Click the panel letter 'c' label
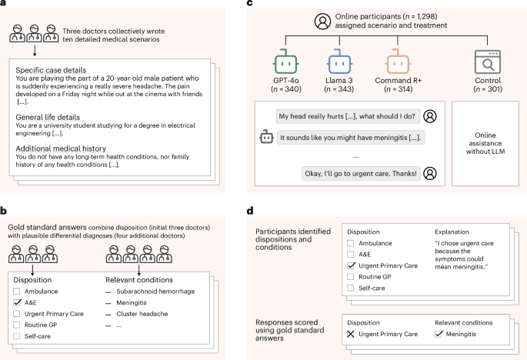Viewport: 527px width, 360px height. pyautogui.click(x=269, y=5)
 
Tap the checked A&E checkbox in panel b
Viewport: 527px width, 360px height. pyautogui.click(x=16, y=304)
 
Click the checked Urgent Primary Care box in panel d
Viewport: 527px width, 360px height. pyautogui.click(x=352, y=265)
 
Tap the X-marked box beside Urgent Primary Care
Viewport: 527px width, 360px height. pyautogui.click(x=352, y=335)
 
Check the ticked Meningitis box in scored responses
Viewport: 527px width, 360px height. pyautogui.click(x=439, y=335)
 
